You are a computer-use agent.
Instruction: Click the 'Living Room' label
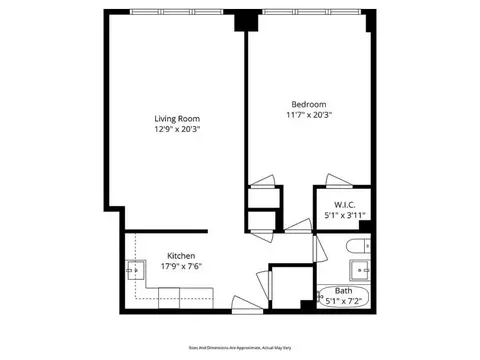pos(176,117)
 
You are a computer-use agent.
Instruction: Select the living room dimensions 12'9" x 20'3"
pos(176,128)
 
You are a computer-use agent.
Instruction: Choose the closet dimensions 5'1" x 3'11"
pos(340,214)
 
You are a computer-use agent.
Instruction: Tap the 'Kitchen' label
pos(181,256)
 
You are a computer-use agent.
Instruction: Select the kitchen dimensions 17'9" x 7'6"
pos(181,267)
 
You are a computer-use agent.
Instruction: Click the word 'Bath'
pos(343,290)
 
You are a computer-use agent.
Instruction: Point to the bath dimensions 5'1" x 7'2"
pos(343,300)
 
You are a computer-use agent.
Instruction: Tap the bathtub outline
pos(343,296)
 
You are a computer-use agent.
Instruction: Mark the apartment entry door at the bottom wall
pos(242,303)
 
